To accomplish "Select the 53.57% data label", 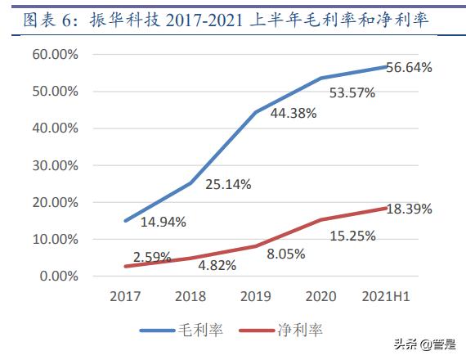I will pos(352,93).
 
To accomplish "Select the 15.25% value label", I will pos(352,236).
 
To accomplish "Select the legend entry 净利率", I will pos(282,331).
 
